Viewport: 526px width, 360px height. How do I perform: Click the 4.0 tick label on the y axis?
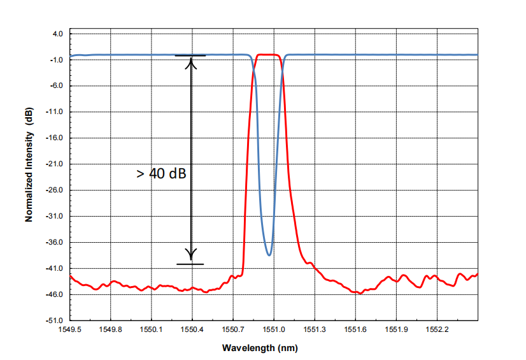click(x=57, y=34)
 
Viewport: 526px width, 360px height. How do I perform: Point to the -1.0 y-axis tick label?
click(x=56, y=60)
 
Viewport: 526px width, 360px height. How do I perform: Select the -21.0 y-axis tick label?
click(x=54, y=164)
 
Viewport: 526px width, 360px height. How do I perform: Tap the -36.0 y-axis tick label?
click(x=54, y=242)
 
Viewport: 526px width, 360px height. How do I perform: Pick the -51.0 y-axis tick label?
click(x=54, y=320)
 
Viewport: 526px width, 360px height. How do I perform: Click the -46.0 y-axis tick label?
click(x=54, y=294)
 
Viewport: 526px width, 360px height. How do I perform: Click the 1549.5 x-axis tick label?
click(x=70, y=330)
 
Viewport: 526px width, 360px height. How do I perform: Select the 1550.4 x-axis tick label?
click(x=192, y=330)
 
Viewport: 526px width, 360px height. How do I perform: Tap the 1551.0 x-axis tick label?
click(x=274, y=330)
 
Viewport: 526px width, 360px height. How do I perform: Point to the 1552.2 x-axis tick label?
click(x=437, y=330)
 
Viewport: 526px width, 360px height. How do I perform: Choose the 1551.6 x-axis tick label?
click(x=355, y=330)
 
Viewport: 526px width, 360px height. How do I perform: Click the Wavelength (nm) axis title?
click(x=260, y=348)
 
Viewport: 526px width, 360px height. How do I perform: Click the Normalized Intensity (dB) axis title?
click(x=29, y=165)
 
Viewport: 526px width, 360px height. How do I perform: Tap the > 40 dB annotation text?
click(x=161, y=173)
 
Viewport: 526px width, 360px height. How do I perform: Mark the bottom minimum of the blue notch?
click(x=269, y=255)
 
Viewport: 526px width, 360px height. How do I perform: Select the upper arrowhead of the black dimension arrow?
click(x=191, y=63)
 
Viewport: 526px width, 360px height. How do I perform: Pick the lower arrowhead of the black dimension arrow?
click(x=191, y=254)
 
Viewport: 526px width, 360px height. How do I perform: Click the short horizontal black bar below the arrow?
click(x=190, y=264)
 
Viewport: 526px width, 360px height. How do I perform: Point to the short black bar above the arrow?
click(x=190, y=55)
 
